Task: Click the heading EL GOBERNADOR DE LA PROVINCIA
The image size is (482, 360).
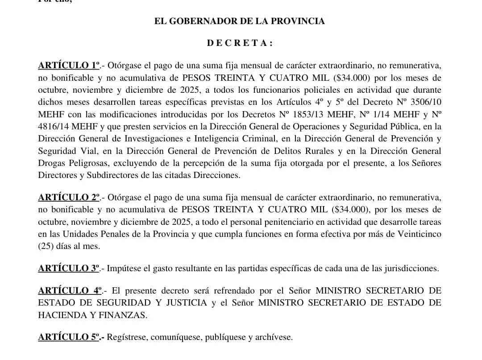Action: point(239,21)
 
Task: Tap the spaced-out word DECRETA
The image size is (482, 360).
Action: point(239,43)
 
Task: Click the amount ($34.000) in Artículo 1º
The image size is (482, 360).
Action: point(353,77)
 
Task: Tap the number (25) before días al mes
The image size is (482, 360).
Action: point(47,246)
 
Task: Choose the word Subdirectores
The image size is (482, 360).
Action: point(104,175)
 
